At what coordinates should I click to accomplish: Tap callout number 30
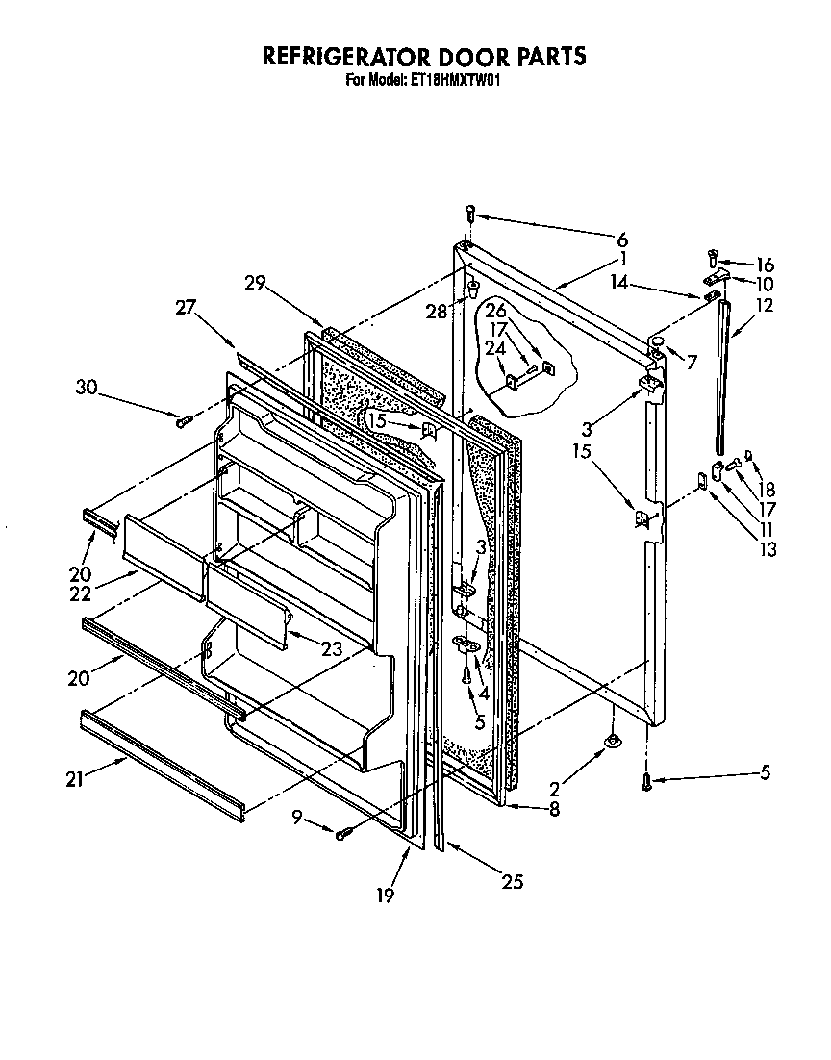point(87,387)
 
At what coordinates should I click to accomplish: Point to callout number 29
point(255,282)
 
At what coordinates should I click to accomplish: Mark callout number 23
point(332,648)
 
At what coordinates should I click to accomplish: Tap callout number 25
point(513,881)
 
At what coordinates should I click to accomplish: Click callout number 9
point(297,816)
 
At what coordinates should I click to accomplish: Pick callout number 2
point(555,789)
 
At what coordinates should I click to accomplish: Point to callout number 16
point(765,265)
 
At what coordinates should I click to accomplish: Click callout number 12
point(765,306)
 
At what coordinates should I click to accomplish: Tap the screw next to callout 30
point(185,419)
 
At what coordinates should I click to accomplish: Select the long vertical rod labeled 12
point(722,375)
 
